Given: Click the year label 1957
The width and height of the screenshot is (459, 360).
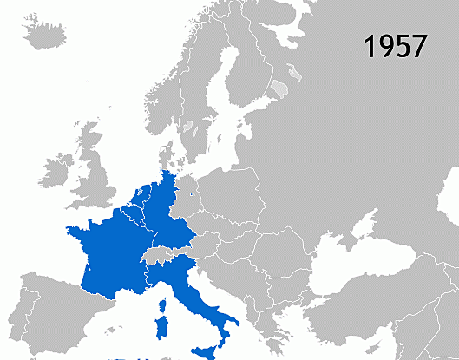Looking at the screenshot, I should pos(396,47).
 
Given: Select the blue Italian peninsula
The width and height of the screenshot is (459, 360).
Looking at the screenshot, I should pos(199,299).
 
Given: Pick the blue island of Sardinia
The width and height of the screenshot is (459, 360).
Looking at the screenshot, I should pos(161,327).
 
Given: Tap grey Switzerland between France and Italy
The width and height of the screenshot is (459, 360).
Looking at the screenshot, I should pos(157,254).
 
